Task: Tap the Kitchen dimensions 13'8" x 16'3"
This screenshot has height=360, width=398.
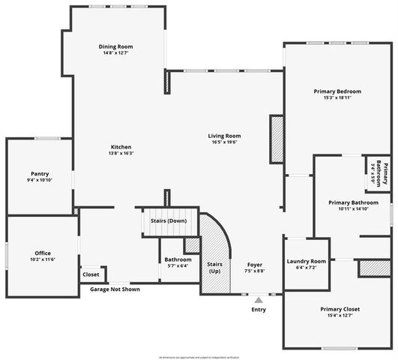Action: pyautogui.click(x=121, y=153)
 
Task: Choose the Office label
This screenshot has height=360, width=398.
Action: pyautogui.click(x=43, y=253)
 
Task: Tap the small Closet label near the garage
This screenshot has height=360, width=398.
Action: pyautogui.click(x=91, y=274)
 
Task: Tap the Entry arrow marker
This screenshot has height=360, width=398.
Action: pyautogui.click(x=259, y=299)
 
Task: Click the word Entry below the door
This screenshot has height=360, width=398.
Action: pyautogui.click(x=259, y=309)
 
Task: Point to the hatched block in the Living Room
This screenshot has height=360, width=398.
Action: pyautogui.click(x=276, y=138)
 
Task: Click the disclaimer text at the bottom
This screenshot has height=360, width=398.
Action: pyautogui.click(x=199, y=356)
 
